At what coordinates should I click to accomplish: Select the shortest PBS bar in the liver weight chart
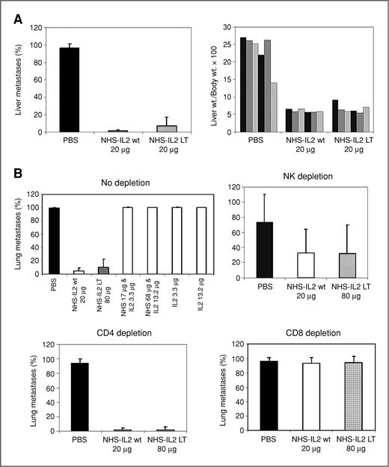275,107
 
